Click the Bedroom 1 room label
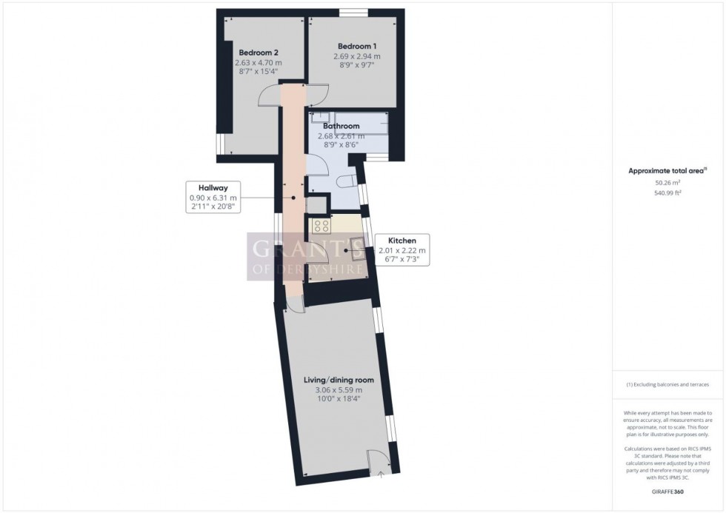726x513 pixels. pos(356,46)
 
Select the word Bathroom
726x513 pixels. pos(341,127)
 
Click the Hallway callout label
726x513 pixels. pos(212,188)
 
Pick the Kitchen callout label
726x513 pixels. pos(402,241)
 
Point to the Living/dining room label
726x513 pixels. pos(339,380)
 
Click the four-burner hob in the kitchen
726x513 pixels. pos(321,226)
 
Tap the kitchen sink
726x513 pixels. pos(356,248)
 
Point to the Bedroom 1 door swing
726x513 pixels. pos(319,95)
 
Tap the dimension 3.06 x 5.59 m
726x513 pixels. pos(339,390)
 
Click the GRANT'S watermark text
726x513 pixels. pos(304,248)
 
